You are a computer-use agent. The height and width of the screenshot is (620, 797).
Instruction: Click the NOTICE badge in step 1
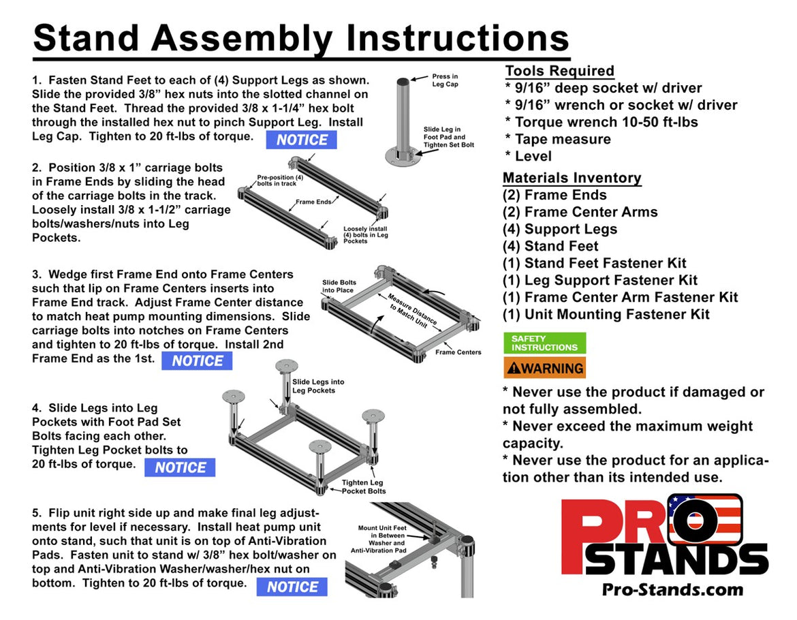tap(301, 140)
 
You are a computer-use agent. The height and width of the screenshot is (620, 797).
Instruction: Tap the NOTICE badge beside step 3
tap(197, 361)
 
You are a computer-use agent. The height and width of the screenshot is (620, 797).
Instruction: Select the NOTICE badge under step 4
tap(180, 467)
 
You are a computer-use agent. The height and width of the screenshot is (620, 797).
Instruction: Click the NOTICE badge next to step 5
tap(292, 587)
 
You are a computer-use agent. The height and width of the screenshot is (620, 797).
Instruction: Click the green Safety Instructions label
tap(544, 343)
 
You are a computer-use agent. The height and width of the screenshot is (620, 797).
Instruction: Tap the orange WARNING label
tap(544, 368)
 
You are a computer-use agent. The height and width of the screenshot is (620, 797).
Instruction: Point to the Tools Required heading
tap(559, 71)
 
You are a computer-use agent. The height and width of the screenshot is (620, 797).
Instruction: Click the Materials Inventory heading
tap(572, 178)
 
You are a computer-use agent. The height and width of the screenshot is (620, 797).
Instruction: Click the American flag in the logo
tap(705, 520)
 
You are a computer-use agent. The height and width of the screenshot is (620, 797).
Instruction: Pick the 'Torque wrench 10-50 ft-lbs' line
tap(601, 122)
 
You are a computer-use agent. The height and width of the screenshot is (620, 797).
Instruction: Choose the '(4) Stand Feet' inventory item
tap(550, 246)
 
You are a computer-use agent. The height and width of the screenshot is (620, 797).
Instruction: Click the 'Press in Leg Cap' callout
tap(446, 80)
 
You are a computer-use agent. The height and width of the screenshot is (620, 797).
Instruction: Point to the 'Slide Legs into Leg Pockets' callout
tap(318, 386)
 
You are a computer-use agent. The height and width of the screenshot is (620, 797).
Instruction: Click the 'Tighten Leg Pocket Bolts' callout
tap(363, 486)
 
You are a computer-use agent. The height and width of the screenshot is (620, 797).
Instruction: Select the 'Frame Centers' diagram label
tap(458, 352)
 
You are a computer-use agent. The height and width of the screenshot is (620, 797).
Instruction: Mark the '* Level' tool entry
tap(528, 156)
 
